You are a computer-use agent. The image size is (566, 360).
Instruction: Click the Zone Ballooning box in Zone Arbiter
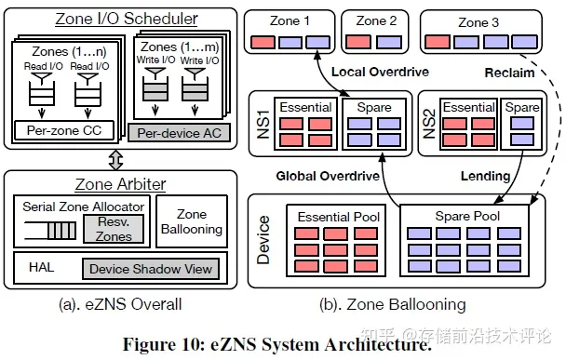coord(191,221)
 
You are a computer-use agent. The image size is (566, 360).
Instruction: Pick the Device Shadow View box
coord(149,270)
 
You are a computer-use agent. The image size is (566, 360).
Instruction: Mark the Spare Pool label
coord(464,216)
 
